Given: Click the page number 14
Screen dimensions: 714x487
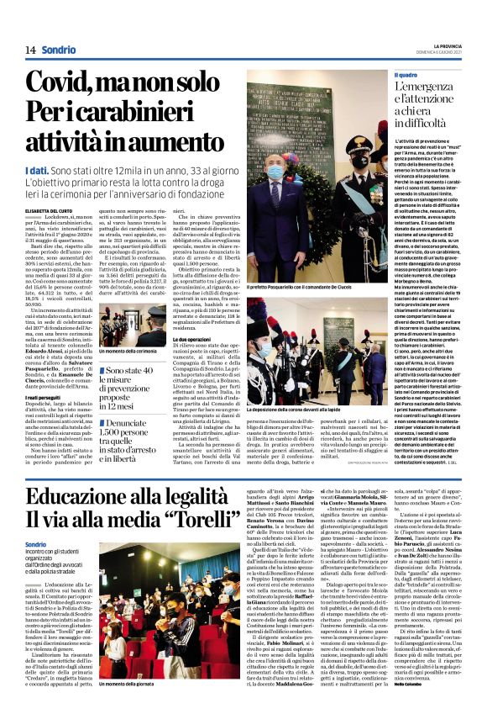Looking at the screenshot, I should click(30, 50).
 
